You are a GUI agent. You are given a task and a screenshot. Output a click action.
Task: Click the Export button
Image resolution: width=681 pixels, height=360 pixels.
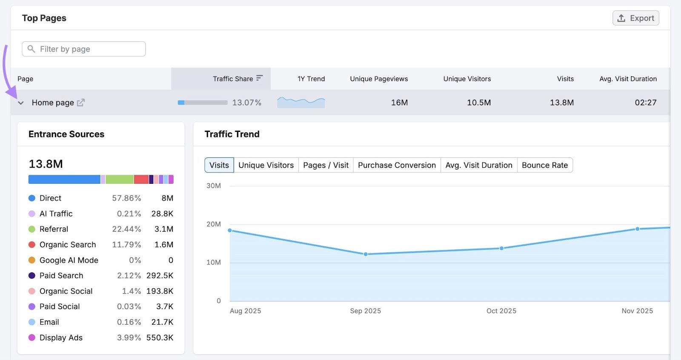pos(636,18)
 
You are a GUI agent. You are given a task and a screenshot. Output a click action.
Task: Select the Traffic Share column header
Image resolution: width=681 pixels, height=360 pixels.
pos(233,79)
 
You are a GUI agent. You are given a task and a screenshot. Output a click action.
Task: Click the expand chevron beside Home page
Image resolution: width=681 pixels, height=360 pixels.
pos(20,103)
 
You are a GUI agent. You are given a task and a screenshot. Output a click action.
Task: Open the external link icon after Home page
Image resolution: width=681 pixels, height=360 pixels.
pos(81,103)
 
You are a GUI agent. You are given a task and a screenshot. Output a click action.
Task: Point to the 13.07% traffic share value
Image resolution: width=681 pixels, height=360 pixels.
pos(246,103)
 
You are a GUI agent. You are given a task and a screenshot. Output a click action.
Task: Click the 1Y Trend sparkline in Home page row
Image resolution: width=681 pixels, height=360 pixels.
pos(301,102)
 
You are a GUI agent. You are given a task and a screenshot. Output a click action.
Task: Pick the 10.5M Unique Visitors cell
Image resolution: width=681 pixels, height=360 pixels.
pos(479,103)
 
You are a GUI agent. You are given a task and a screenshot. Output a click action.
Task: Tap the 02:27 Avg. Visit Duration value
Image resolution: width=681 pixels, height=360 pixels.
pos(645,103)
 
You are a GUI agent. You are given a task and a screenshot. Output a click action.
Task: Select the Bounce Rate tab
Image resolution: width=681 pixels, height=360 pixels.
pos(545,165)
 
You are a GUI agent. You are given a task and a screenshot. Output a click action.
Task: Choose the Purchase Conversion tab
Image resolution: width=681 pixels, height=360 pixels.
pos(397,165)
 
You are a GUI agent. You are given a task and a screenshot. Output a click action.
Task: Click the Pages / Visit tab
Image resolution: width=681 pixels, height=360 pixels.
pos(326,165)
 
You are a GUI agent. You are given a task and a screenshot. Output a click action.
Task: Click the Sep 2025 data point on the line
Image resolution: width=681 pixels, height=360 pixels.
pos(366,254)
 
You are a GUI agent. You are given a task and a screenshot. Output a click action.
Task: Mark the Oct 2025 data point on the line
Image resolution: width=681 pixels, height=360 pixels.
pos(501,248)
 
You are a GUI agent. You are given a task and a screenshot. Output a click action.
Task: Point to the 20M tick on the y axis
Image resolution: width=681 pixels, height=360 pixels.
pos(214,224)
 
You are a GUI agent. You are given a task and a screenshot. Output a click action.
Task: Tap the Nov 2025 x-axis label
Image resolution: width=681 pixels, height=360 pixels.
pos(637,311)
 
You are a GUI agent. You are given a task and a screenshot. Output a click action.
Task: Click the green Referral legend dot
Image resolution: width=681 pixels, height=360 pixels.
pos(32,229)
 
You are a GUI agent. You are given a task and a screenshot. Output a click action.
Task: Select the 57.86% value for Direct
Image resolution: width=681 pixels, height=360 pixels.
pos(126,198)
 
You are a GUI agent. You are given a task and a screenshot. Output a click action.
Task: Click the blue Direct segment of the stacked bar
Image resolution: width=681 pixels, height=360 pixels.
pos(64,180)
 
